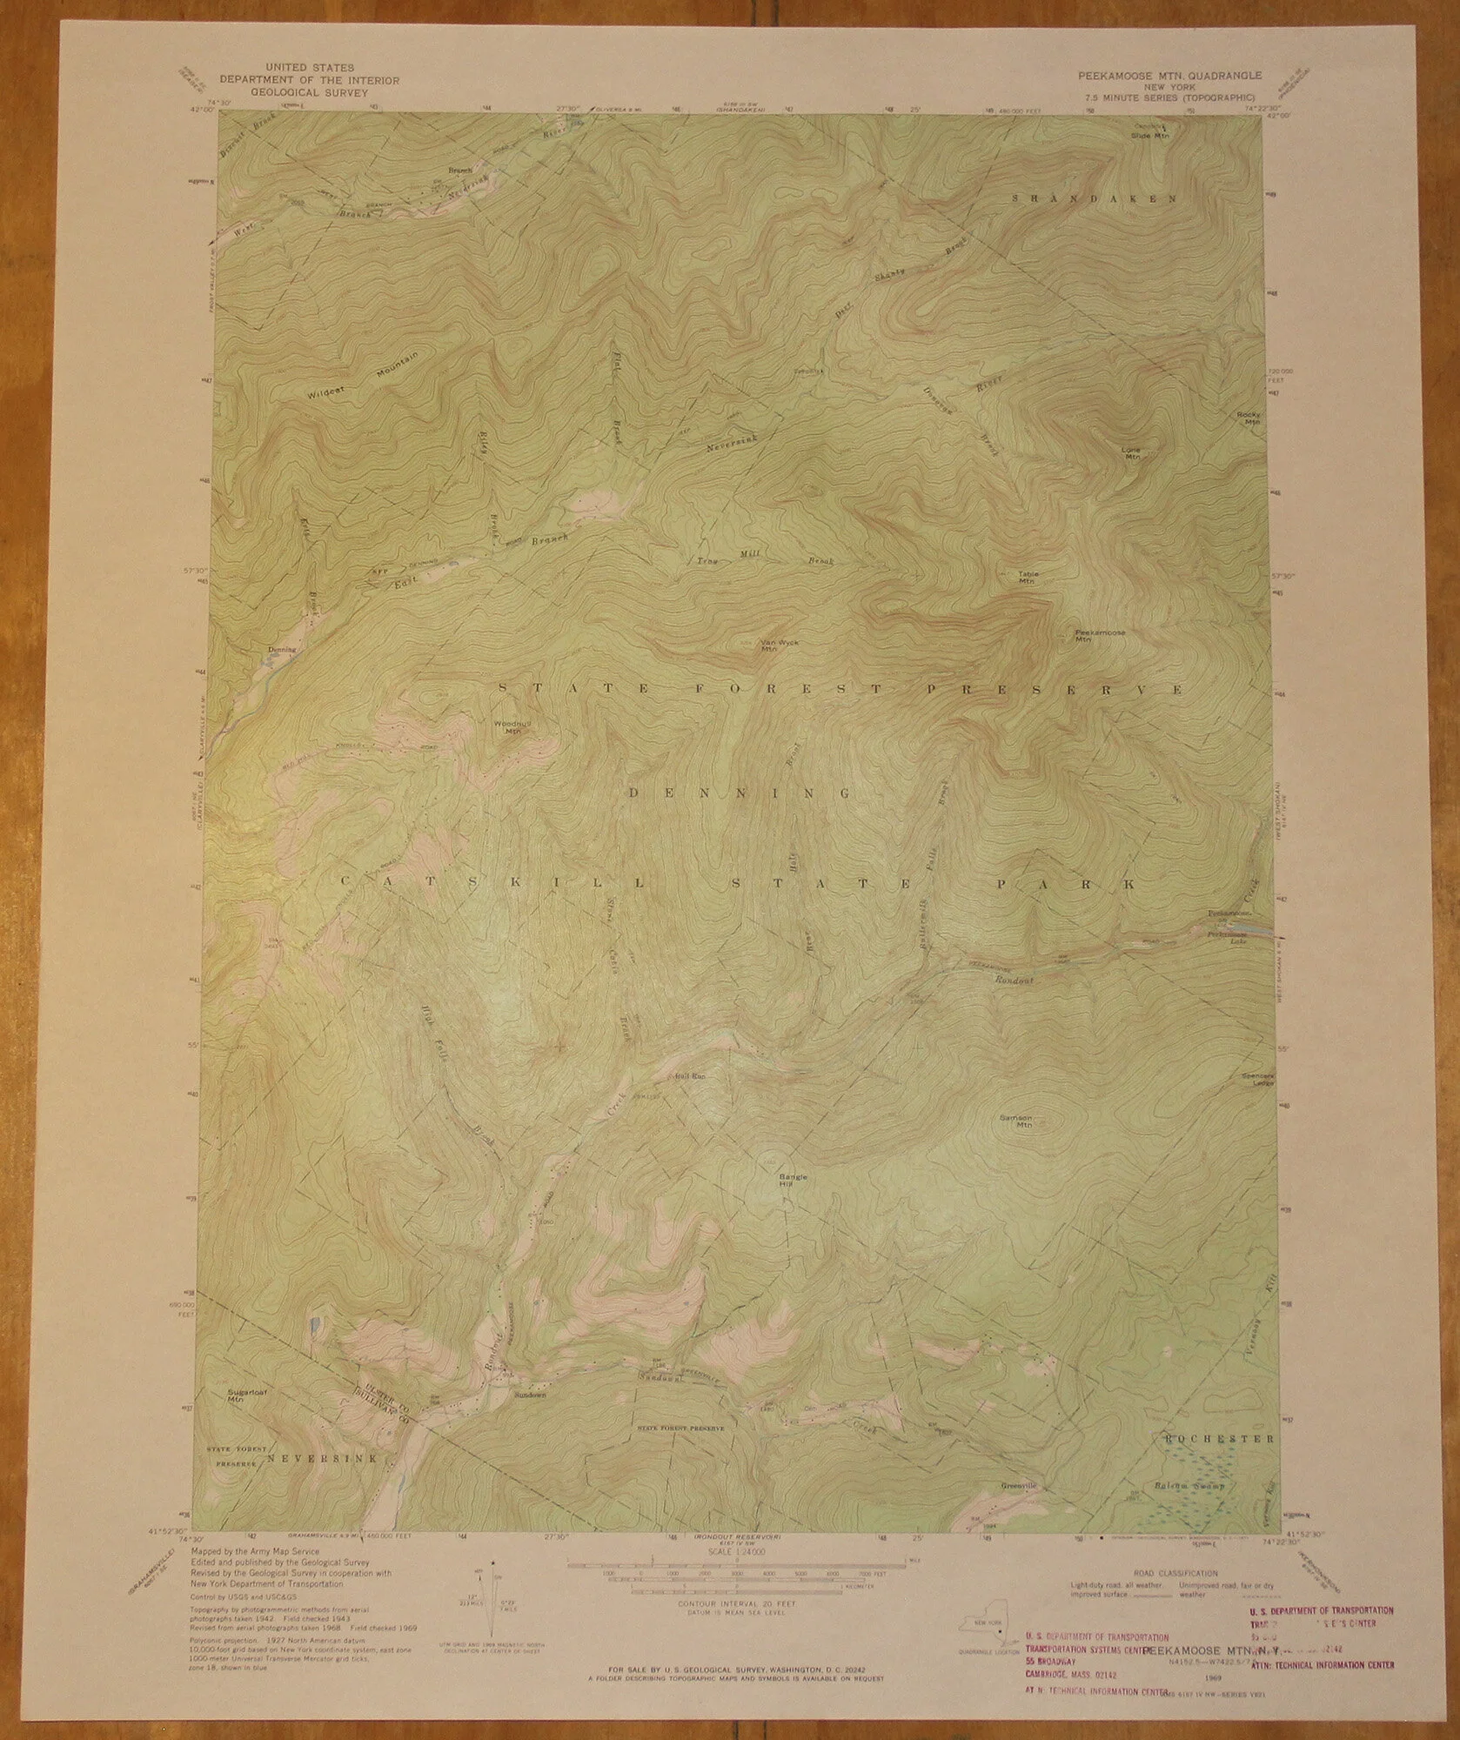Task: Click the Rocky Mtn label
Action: coord(1249,418)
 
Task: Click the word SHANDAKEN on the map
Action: coord(1095,199)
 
